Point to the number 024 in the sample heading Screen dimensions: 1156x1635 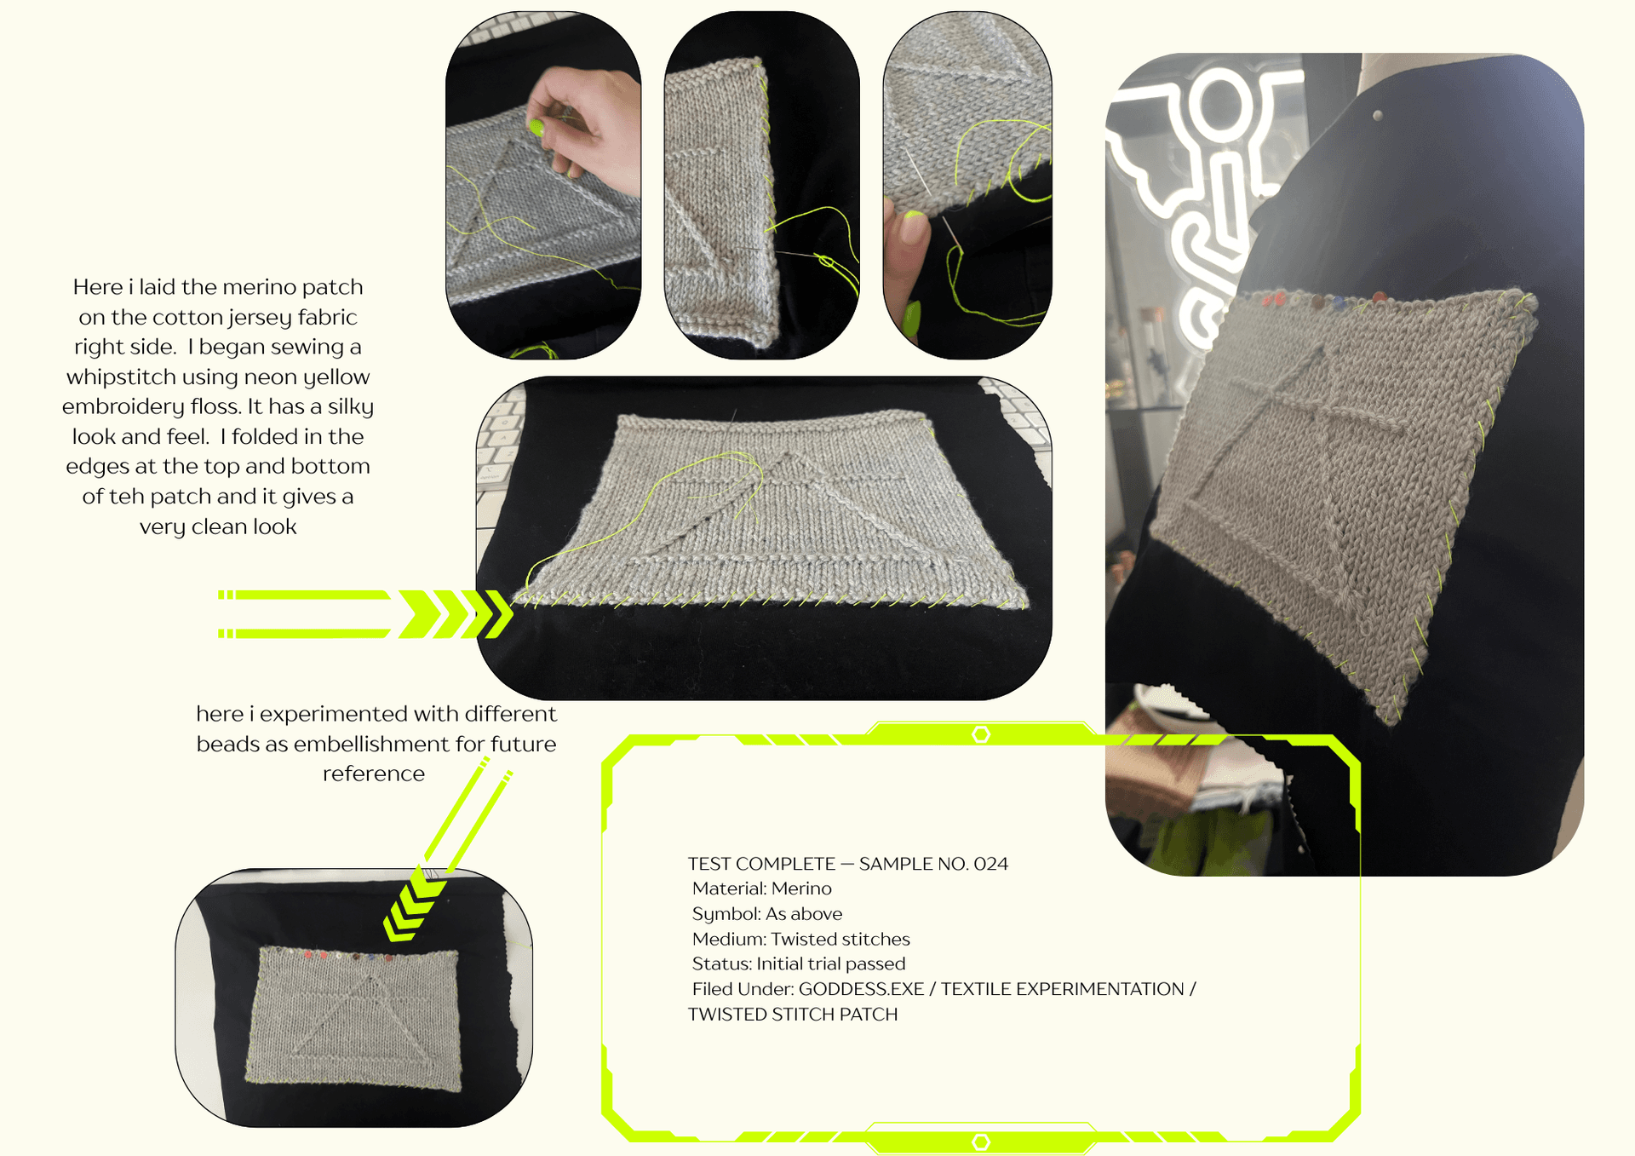pos(990,864)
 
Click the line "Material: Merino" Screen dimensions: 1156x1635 pos(761,889)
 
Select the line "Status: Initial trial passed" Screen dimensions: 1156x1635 pos(798,963)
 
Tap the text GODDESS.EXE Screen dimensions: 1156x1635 pos(861,989)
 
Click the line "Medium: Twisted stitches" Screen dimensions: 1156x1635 pos(800,939)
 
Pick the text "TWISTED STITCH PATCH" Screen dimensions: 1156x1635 pos(793,1015)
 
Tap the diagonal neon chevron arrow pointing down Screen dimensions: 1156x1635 pos(413,907)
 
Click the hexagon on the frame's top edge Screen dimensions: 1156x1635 pos(981,734)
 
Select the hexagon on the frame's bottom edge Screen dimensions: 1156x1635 pos(981,1142)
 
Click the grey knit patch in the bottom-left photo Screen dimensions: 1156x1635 pos(354,1018)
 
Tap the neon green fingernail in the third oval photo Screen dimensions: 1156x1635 pos(910,319)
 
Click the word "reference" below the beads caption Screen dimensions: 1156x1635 pos(373,774)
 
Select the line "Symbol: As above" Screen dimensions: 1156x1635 pos(766,914)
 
